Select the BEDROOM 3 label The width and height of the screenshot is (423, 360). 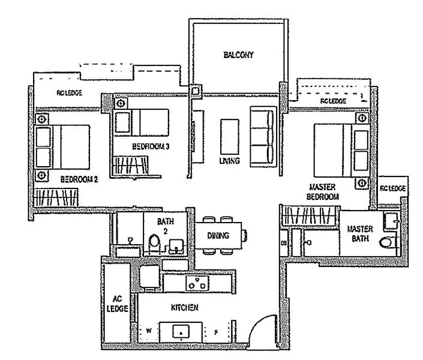pyautogui.click(x=149, y=146)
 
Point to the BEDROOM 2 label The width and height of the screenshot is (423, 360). pyautogui.click(x=79, y=179)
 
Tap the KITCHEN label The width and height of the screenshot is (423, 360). pyautogui.click(x=185, y=308)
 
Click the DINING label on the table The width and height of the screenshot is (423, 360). pyautogui.click(x=217, y=236)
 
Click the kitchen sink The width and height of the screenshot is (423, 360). pyautogui.click(x=182, y=331)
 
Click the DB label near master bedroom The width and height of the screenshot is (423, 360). pyautogui.click(x=284, y=243)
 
